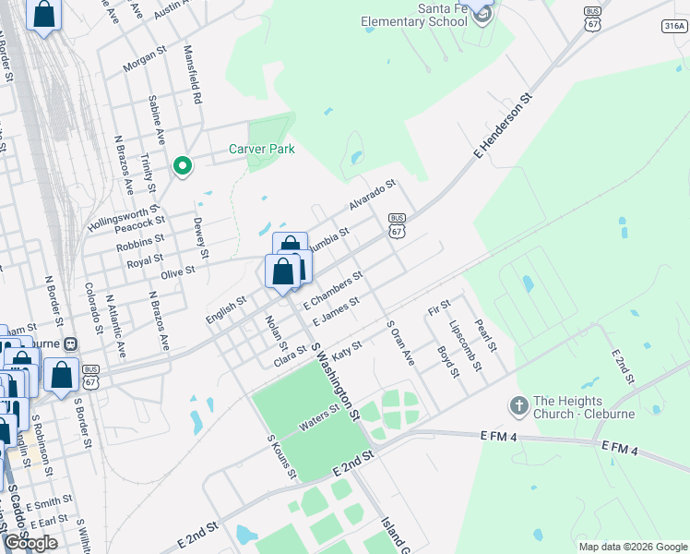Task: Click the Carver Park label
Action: coord(261,150)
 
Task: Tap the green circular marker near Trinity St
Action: coord(183,166)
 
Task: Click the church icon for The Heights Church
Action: coord(518,405)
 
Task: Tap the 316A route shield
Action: coord(673,26)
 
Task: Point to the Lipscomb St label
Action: coord(465,346)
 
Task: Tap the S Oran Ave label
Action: coord(400,343)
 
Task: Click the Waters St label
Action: coord(318,424)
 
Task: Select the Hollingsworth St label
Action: coord(124,218)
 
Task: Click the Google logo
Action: coord(31,543)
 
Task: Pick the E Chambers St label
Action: coord(339,289)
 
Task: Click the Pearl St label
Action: coord(485,335)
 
